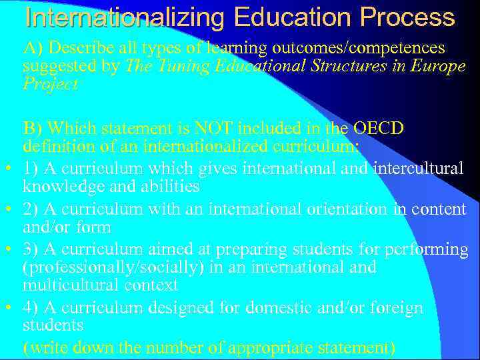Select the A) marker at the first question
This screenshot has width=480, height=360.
pyautogui.click(x=33, y=49)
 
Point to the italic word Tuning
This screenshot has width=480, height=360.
pyautogui.click(x=174, y=67)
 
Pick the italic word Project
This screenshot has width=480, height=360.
pyautogui.click(x=50, y=84)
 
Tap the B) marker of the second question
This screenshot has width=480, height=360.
pyautogui.click(x=33, y=128)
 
